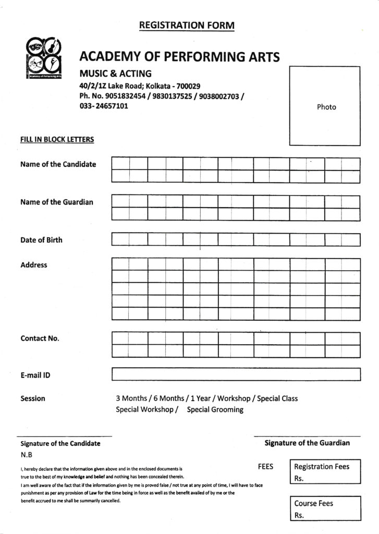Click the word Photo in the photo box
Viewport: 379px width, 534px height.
click(326, 107)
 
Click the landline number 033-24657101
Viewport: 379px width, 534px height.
click(104, 106)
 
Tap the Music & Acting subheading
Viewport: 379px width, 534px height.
click(115, 74)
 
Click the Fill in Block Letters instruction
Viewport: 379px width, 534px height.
click(57, 139)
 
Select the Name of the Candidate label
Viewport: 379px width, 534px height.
click(58, 164)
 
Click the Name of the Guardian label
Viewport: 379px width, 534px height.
click(56, 202)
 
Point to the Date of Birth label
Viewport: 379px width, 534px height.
click(41, 240)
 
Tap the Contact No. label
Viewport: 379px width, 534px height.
click(40, 338)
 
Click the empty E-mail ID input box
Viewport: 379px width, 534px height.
click(236, 374)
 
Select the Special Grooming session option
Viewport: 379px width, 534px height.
click(215, 409)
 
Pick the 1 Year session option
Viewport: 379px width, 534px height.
click(200, 398)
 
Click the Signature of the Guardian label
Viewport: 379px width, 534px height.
click(307, 443)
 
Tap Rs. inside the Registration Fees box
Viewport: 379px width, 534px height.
click(299, 478)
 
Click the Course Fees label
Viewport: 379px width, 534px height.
click(313, 503)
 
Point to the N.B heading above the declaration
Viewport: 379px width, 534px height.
click(26, 454)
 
